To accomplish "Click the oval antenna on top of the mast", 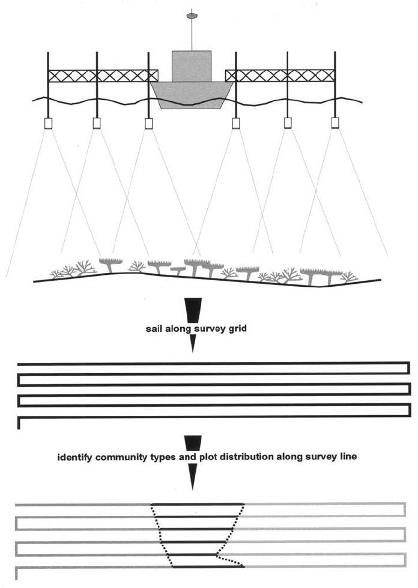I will point(192,15).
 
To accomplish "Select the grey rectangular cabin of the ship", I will point(192,66).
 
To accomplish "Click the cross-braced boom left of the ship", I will point(102,76).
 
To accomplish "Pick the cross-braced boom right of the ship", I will point(280,76).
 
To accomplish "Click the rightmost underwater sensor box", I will point(335,123).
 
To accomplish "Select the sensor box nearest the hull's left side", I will point(149,123).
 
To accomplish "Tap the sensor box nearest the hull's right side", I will point(236,123).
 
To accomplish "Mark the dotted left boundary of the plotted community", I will point(161,534).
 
